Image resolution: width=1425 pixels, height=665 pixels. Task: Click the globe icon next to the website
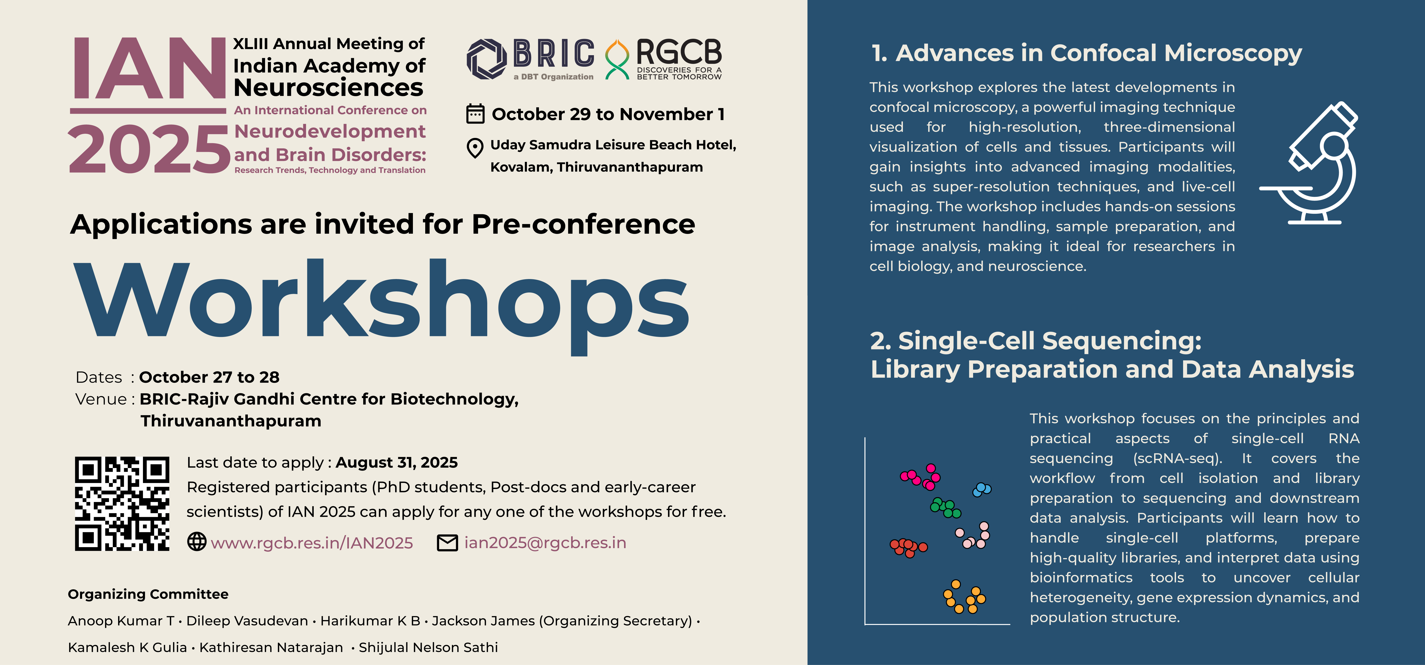click(x=197, y=542)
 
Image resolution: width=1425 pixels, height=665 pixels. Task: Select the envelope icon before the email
click(x=448, y=543)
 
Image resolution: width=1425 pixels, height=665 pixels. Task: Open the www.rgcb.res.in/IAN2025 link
click(x=312, y=543)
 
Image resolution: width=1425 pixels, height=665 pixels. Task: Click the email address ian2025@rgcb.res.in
click(x=545, y=543)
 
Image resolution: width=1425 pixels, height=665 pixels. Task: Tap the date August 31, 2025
click(x=397, y=463)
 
